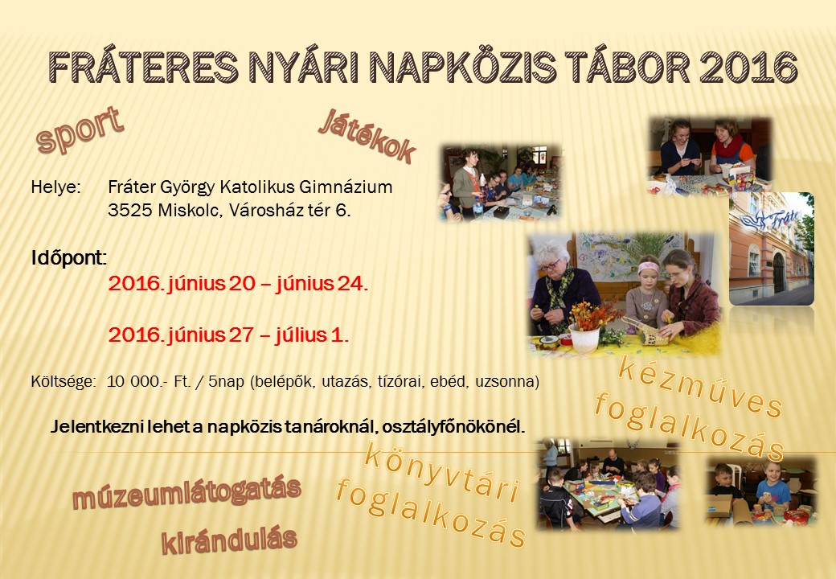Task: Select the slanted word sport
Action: (80, 129)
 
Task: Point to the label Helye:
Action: (56, 187)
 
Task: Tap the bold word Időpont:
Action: (68, 258)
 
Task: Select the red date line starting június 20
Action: (238, 284)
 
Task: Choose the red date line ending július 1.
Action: (228, 335)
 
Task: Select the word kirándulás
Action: (229, 540)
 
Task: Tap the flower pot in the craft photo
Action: (585, 339)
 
